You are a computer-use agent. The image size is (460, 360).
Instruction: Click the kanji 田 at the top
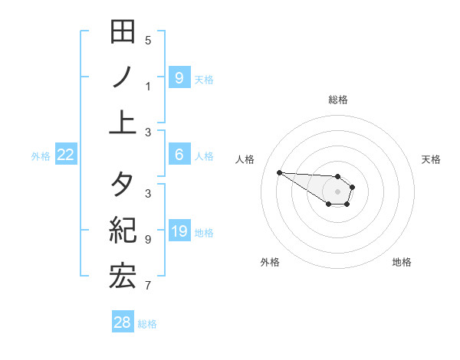123,32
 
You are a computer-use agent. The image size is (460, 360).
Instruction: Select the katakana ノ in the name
123,77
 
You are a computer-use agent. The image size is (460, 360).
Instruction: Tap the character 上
123,122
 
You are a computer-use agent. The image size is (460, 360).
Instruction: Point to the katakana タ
123,185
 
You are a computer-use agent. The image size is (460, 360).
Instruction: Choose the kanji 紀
123,231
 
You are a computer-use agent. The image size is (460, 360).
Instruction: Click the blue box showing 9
179,77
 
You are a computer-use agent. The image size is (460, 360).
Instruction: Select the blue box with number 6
179,155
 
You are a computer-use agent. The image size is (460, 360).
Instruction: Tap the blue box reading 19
179,231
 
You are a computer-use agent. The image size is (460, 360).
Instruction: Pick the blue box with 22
66,155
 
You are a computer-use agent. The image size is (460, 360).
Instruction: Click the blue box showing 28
123,322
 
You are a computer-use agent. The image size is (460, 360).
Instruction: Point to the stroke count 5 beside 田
148,41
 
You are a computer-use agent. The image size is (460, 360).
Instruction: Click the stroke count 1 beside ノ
148,87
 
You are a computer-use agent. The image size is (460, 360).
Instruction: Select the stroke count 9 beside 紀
148,240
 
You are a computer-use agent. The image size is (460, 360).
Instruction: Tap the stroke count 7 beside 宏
148,286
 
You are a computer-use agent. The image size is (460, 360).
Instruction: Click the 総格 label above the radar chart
338,100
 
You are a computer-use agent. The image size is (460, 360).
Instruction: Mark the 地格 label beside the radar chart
402,262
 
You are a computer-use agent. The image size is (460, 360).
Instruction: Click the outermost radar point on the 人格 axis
279,172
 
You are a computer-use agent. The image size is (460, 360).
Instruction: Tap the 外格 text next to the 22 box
41,156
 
